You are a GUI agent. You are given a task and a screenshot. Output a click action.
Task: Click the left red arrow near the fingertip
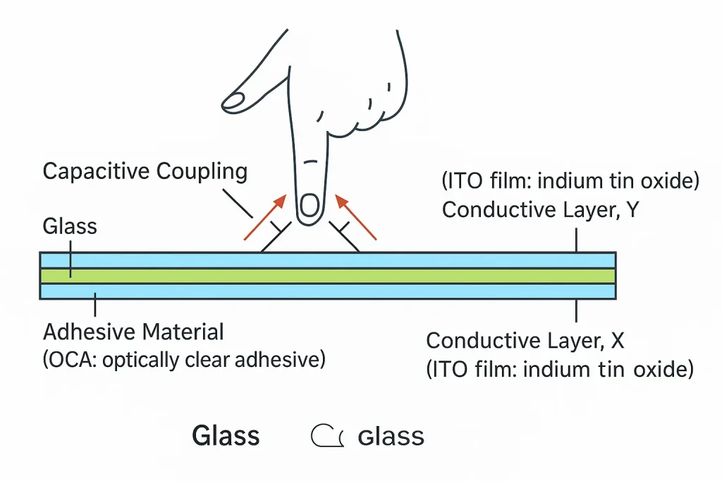click(265, 218)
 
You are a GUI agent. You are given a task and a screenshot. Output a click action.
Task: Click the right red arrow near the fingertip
click(355, 218)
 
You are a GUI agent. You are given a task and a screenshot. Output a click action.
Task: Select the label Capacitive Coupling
click(145, 171)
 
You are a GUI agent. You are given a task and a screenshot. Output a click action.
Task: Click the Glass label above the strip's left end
click(70, 227)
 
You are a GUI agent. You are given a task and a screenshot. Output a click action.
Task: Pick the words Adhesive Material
click(133, 332)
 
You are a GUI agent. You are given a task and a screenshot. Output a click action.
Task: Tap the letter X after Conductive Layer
click(617, 341)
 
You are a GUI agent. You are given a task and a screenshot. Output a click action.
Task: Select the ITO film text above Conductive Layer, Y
click(570, 181)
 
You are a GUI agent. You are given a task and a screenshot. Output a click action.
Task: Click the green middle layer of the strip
click(327, 275)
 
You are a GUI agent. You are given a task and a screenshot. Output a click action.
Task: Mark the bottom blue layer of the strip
click(327, 291)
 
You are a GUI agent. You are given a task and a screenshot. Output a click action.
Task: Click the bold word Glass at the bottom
click(226, 437)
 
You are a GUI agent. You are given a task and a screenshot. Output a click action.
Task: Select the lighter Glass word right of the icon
click(391, 437)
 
